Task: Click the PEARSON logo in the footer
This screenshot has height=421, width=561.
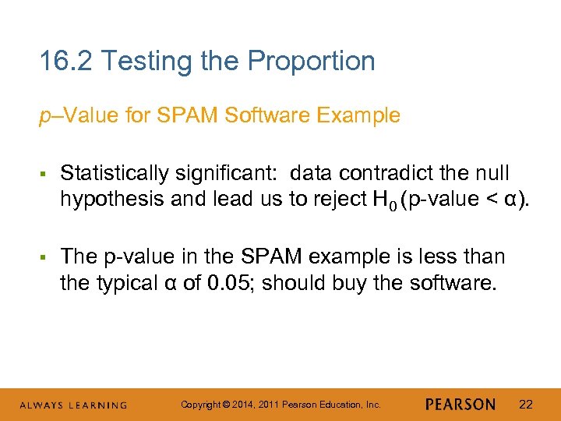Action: point(460,405)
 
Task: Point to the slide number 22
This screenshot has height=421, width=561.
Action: point(526,405)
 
